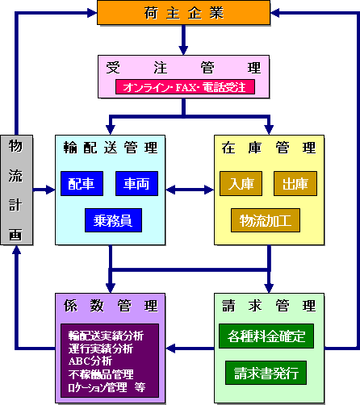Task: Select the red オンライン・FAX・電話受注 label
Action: (186, 86)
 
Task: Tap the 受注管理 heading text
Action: (186, 67)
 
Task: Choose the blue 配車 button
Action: (82, 183)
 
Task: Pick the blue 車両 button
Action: (136, 183)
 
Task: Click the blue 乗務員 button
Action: (113, 219)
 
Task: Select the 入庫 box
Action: (241, 183)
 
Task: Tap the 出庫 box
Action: (295, 183)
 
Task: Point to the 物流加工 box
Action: (266, 219)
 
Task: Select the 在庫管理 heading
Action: (268, 148)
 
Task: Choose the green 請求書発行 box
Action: (266, 372)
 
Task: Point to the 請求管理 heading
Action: (268, 306)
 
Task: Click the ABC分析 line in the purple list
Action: (90, 361)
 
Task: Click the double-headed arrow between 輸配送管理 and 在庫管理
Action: (190, 190)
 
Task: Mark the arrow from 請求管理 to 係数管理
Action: (190, 349)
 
